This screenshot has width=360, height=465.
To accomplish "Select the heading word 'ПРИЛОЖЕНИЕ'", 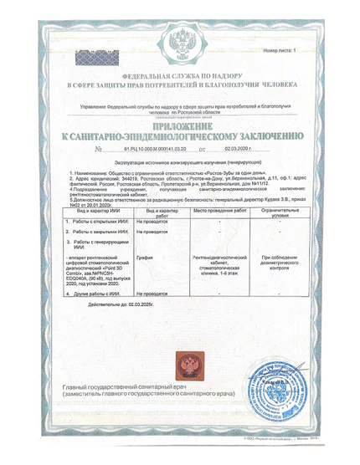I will (x=179, y=122).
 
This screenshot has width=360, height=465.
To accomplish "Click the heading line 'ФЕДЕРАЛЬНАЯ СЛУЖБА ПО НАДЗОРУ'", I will (x=179, y=77).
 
